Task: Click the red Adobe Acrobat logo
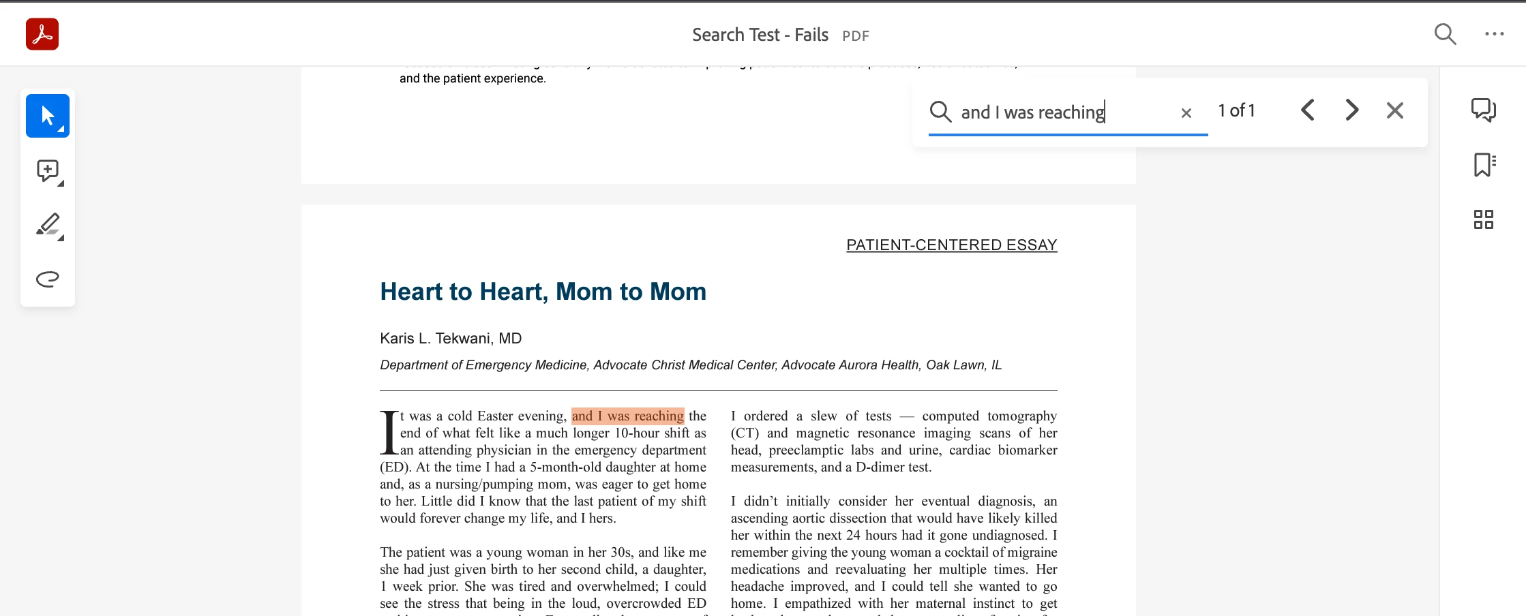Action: coord(42,34)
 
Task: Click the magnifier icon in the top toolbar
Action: coord(1445,34)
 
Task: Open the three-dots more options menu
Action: coord(1494,34)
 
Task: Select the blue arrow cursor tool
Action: coord(48,116)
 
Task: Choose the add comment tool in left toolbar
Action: coord(48,170)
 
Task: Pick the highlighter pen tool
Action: coord(48,225)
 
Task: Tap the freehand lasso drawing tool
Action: coord(48,279)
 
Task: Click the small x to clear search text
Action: coord(1186,113)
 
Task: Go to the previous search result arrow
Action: coord(1307,110)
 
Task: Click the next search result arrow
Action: coord(1351,110)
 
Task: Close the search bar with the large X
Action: coord(1395,110)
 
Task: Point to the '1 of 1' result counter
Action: coord(1236,110)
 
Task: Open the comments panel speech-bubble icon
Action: coord(1483,110)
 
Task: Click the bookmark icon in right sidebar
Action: coord(1484,165)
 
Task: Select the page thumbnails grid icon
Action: coord(1483,219)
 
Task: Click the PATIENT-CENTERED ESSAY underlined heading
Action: coord(951,245)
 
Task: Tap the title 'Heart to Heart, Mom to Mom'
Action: coord(543,292)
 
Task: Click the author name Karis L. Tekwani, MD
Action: coord(451,339)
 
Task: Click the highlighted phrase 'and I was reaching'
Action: coord(627,416)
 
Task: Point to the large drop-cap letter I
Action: coord(389,433)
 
